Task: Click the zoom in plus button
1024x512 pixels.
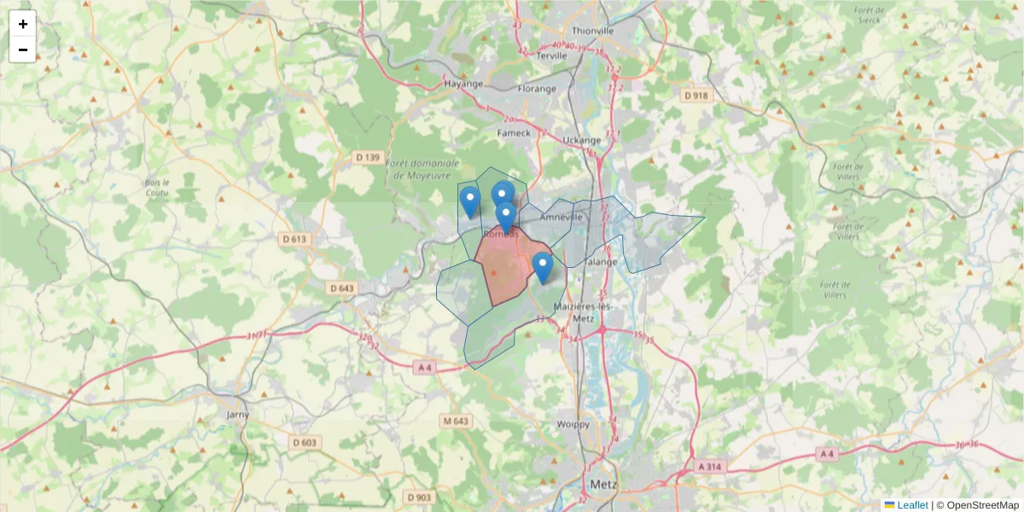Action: click(x=23, y=24)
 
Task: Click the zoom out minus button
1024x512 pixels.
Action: click(x=23, y=49)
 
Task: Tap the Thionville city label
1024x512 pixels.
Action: click(x=592, y=31)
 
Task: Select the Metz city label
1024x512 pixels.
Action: click(x=603, y=485)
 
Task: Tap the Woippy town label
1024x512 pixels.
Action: click(x=573, y=424)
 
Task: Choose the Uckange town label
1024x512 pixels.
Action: click(x=583, y=139)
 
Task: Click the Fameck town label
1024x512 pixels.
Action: click(x=514, y=133)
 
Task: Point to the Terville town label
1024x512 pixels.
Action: click(x=553, y=55)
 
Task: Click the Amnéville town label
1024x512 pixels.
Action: click(x=560, y=218)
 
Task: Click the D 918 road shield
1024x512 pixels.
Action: click(x=696, y=96)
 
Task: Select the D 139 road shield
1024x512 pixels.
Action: click(x=368, y=157)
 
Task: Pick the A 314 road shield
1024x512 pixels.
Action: click(x=709, y=467)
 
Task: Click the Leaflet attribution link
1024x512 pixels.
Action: click(x=911, y=505)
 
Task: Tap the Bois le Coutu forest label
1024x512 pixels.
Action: click(x=157, y=187)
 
